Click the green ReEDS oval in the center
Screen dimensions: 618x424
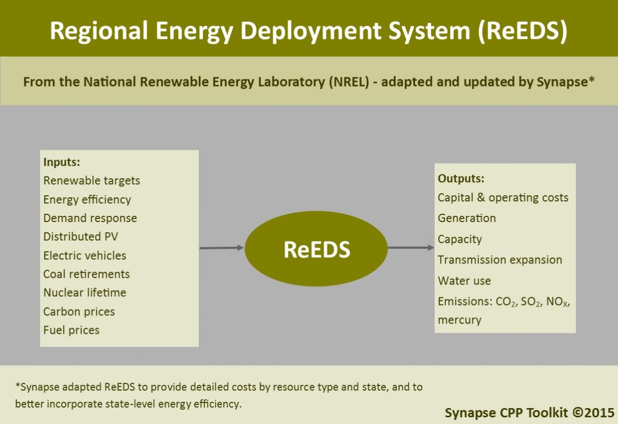coord(316,248)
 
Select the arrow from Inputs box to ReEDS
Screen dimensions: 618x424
coord(221,248)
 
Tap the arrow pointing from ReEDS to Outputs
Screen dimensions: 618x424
coord(411,248)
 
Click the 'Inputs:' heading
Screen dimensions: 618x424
coord(62,162)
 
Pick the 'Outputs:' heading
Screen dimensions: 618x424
coord(461,179)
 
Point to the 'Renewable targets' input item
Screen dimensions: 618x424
coord(92,181)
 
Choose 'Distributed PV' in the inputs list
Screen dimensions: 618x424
coord(80,236)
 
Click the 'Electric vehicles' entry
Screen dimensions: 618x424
coord(84,256)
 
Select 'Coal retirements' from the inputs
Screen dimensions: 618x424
coord(87,274)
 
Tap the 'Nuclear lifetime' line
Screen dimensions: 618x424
coord(84,293)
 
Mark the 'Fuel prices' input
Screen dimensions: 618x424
coord(71,330)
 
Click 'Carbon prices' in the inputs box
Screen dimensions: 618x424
coord(79,312)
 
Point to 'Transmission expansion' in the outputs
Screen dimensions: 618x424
coord(500,260)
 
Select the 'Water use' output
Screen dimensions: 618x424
coord(465,281)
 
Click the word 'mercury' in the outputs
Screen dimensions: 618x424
coord(459,320)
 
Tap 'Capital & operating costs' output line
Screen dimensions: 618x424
coord(503,198)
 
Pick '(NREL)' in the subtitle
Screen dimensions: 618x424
coord(349,82)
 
